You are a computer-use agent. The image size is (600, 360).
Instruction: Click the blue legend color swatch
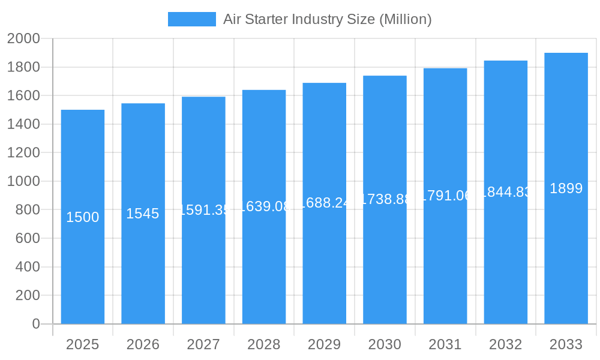[x=191, y=19]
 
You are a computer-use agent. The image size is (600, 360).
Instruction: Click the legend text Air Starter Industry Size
[x=327, y=19]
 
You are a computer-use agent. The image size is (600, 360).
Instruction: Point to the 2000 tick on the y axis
[x=23, y=39]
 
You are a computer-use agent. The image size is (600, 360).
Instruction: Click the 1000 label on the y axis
[x=23, y=181]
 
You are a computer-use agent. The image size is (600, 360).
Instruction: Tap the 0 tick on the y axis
[x=35, y=324]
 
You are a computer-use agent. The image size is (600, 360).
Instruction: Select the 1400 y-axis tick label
[x=23, y=124]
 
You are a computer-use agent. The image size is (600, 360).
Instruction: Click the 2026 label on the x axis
[x=143, y=344]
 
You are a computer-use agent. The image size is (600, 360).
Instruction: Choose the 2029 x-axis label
[x=324, y=344]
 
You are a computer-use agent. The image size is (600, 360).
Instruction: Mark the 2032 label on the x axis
[x=505, y=344]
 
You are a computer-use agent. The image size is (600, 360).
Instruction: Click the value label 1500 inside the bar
[x=83, y=217]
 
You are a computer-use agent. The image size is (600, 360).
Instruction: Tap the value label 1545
[x=143, y=214]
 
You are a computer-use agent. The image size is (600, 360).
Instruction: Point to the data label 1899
[x=566, y=188]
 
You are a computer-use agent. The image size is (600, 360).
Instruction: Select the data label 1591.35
[x=203, y=210]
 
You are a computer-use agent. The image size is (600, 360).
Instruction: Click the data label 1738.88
[x=385, y=199]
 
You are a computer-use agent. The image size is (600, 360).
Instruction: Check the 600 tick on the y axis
[x=23, y=238]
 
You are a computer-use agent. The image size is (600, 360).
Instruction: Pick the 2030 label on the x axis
[x=385, y=344]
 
